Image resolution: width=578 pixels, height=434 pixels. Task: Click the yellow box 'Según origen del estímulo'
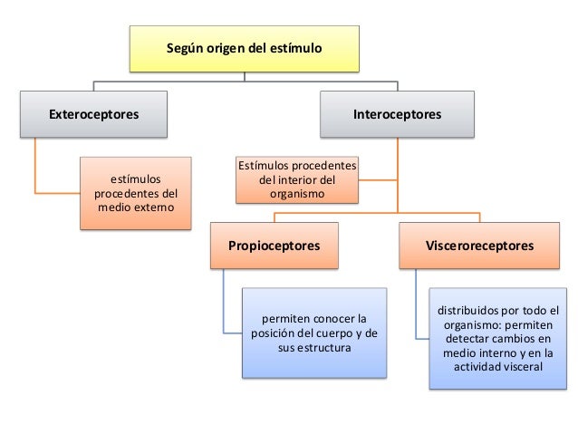pyautogui.click(x=244, y=48)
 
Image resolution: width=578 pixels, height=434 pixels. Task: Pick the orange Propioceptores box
pyautogui.click(x=273, y=245)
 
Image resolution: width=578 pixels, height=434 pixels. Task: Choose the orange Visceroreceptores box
pyautogui.click(x=479, y=245)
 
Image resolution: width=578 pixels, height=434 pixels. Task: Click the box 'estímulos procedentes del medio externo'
pyautogui.click(x=137, y=193)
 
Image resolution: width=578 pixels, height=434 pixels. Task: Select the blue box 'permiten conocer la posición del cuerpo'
pyautogui.click(x=313, y=333)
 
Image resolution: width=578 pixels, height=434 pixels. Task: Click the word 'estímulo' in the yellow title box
pyautogui.click(x=296, y=44)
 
